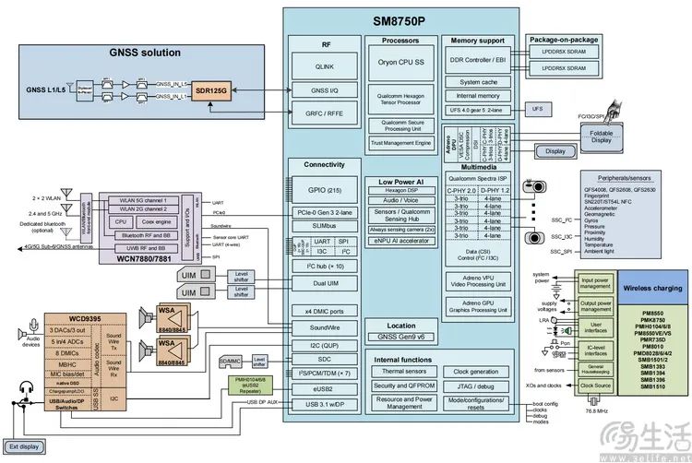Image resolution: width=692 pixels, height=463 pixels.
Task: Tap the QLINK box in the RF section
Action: click(x=326, y=66)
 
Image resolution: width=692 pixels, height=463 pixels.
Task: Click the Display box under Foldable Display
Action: click(x=554, y=150)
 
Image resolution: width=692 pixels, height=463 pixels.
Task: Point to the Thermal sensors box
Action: click(x=401, y=371)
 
